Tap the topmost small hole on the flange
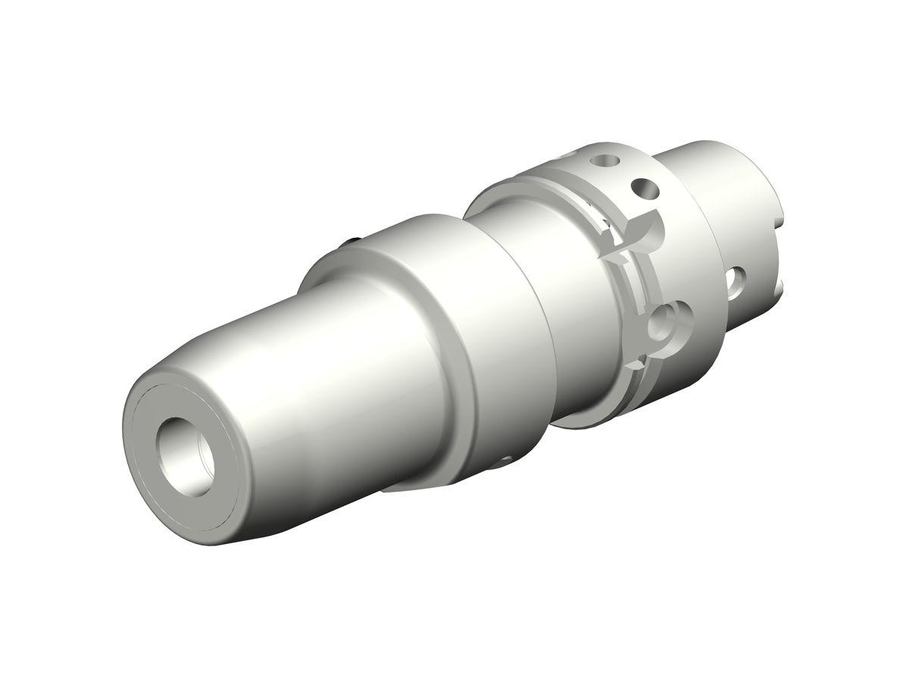point(604,161)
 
